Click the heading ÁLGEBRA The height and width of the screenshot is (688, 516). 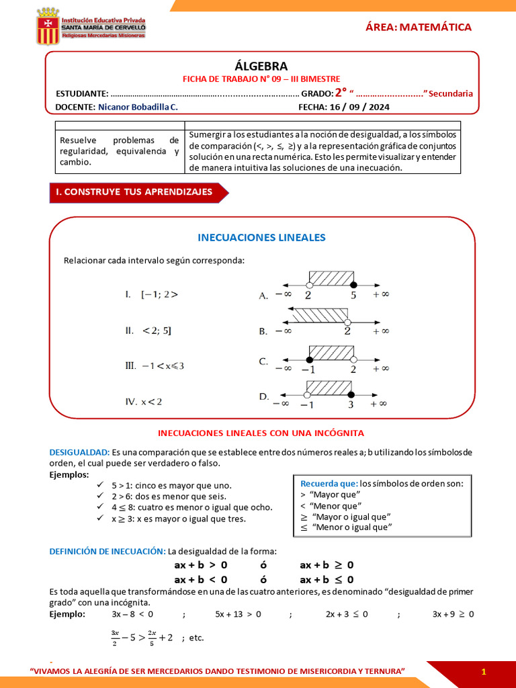[x=261, y=66]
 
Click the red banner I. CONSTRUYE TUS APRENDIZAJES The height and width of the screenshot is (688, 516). [x=134, y=192]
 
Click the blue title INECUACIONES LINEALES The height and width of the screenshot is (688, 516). [x=261, y=237]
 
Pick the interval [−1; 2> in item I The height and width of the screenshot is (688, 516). [x=159, y=294]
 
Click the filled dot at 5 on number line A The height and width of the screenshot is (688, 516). [x=354, y=284]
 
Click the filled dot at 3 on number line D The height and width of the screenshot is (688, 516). [x=350, y=394]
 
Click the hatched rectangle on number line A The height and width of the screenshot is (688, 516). [x=331, y=277]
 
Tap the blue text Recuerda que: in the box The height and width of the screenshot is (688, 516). [x=329, y=483]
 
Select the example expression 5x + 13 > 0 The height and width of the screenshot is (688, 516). [x=238, y=613]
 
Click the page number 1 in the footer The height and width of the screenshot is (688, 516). [x=483, y=672]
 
